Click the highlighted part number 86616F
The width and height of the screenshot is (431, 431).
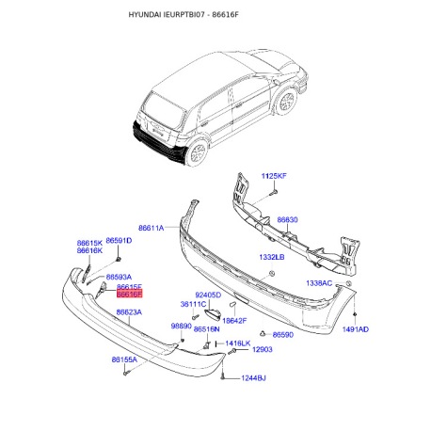pos(128,295)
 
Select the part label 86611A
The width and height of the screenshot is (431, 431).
pos(151,229)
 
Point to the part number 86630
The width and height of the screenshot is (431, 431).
pos(287,219)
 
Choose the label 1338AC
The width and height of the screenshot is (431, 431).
pos(320,282)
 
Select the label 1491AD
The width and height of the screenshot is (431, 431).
pos(355,330)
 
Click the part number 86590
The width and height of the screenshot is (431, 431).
pos(282,335)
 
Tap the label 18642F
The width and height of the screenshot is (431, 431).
pos(234,321)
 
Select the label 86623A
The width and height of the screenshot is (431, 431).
pos(129,312)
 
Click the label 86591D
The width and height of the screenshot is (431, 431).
pos(119,241)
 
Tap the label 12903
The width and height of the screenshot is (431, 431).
pos(262,349)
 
